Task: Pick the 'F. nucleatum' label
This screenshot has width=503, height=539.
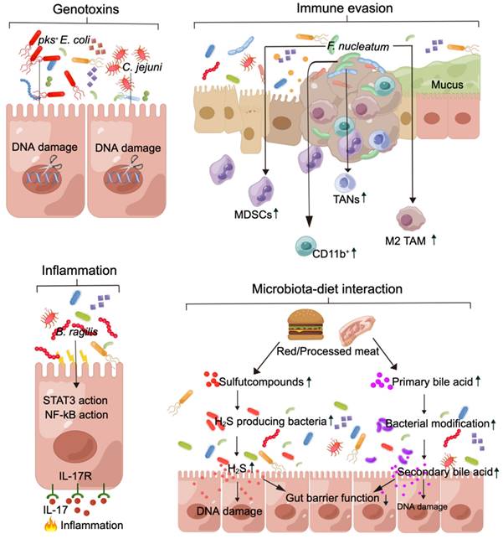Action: pyautogui.click(x=357, y=47)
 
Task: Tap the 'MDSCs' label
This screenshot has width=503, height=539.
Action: pyautogui.click(x=256, y=215)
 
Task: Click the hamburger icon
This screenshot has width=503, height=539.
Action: pyautogui.click(x=306, y=322)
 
